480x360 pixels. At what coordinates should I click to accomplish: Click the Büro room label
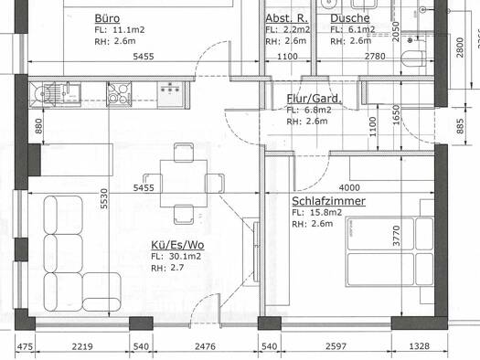[x=107, y=17]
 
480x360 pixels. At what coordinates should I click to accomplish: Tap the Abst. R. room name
[x=284, y=17]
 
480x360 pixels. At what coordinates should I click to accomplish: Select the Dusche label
[x=350, y=17]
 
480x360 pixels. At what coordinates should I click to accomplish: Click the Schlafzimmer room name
[x=329, y=200]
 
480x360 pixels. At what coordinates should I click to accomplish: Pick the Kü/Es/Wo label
[x=177, y=245]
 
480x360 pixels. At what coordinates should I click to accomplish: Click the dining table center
[x=186, y=181]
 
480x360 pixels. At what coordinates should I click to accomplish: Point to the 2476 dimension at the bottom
[x=205, y=346]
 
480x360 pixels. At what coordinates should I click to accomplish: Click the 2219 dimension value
[x=81, y=346]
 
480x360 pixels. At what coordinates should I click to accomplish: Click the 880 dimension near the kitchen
[x=38, y=127]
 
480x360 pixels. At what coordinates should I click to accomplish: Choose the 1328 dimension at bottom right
[x=445, y=346]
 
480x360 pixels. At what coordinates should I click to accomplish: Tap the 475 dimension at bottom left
[x=25, y=346]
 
